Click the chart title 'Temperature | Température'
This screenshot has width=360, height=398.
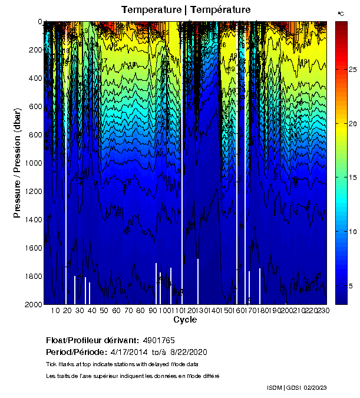pos(186,9)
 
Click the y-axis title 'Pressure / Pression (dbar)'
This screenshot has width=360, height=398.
pos(17,163)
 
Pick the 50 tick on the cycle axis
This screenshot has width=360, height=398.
pos(103,310)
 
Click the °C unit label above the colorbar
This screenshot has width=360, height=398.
pos(341,13)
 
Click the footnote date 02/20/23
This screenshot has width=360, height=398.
pos(315,388)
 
